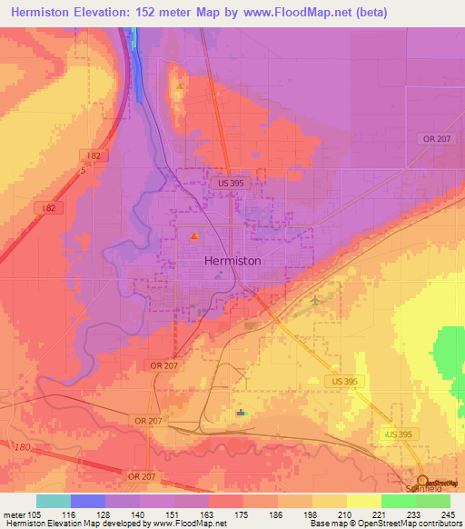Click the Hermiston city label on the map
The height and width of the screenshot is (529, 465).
[x=232, y=260]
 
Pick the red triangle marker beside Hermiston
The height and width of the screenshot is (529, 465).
[x=193, y=238]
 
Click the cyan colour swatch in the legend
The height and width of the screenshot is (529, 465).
[x=54, y=501]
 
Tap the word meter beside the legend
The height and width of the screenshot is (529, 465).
[x=14, y=514]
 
